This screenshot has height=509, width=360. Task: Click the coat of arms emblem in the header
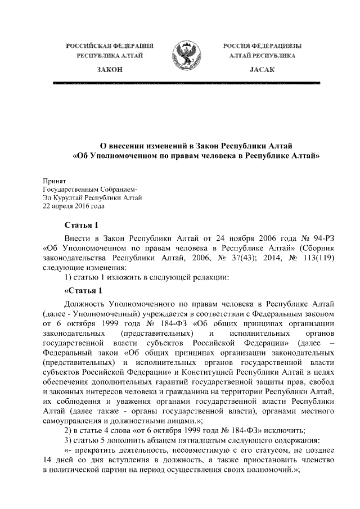180,54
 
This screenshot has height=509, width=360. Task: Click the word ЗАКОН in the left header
109,69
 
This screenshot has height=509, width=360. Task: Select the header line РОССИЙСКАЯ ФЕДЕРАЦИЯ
109,45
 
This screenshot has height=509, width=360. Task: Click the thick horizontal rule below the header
180,83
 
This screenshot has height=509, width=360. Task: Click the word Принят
55,181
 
